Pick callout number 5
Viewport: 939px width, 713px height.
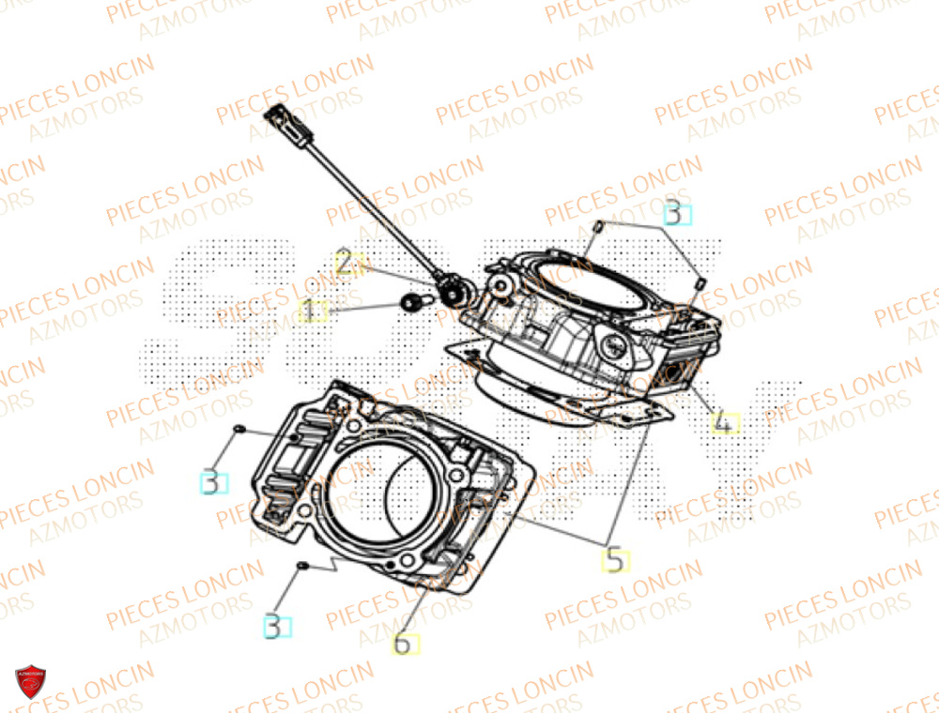point(615,561)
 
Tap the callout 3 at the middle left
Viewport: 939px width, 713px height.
point(214,483)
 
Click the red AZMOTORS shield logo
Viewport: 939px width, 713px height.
point(30,682)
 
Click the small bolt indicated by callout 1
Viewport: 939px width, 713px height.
point(410,301)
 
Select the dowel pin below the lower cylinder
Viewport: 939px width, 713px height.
point(302,566)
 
